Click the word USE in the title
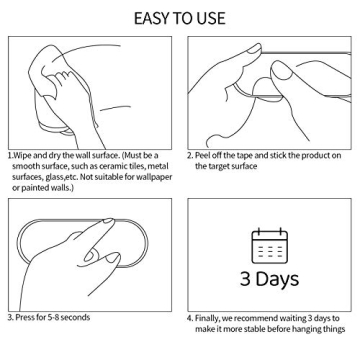point(212,18)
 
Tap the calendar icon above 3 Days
point(269,245)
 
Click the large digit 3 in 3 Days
point(246,279)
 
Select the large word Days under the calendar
point(278,279)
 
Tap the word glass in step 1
point(54,177)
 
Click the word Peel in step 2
point(202,156)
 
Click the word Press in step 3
point(24,317)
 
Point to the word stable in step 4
point(255,330)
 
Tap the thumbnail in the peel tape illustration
point(254,49)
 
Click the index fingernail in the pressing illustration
point(108,221)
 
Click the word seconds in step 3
point(75,317)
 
